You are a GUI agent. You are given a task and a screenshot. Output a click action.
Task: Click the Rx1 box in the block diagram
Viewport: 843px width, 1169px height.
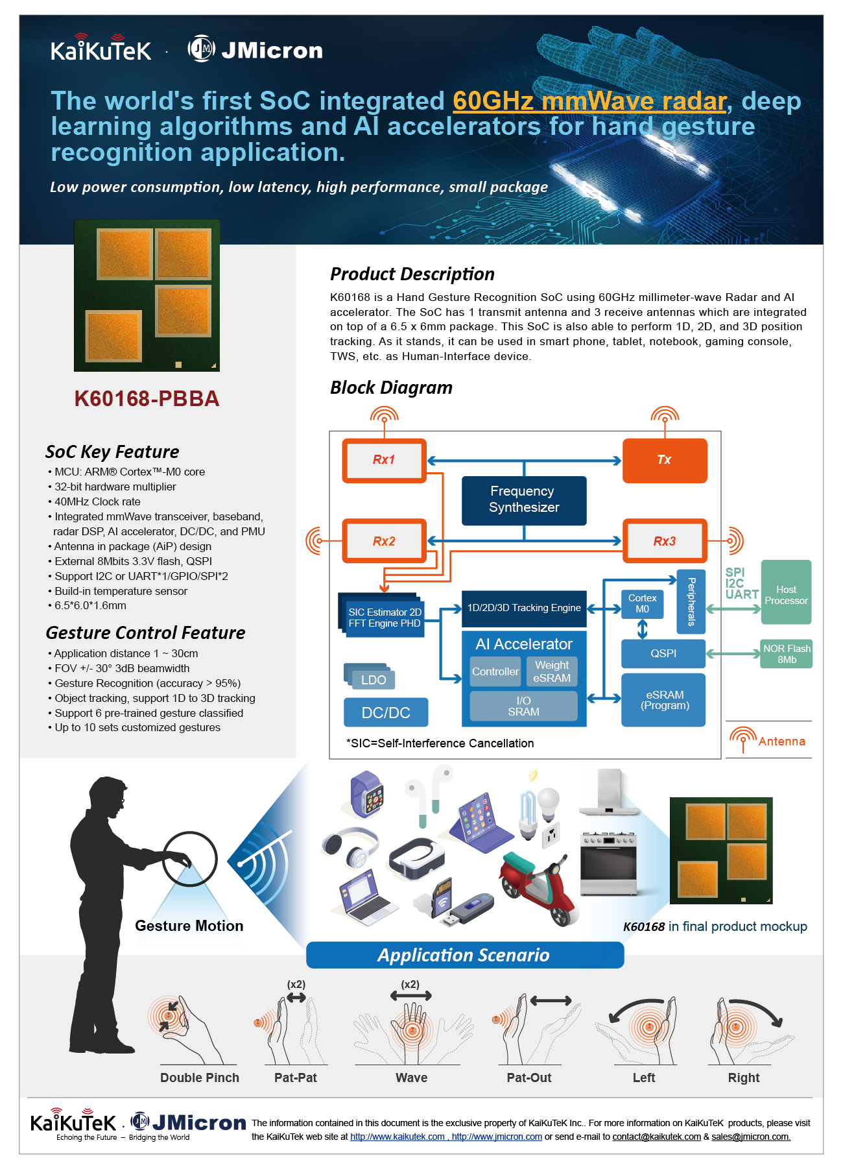tap(384, 461)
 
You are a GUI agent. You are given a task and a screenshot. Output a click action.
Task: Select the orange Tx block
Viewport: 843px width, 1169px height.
tap(665, 461)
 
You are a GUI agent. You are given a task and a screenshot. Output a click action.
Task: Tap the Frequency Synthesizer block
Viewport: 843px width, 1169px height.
tap(524, 500)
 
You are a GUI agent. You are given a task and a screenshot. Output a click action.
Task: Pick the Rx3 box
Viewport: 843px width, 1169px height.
tap(665, 541)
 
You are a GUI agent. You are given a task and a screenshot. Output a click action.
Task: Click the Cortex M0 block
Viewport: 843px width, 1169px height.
tap(642, 604)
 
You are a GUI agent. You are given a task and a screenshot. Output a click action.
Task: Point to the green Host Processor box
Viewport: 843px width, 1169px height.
tap(786, 592)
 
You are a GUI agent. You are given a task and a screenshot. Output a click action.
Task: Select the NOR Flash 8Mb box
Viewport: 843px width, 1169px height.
tap(787, 654)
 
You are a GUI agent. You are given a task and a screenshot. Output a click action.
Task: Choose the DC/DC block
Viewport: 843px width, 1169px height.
tap(386, 712)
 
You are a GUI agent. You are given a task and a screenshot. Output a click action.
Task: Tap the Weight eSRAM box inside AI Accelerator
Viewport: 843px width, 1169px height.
tap(552, 671)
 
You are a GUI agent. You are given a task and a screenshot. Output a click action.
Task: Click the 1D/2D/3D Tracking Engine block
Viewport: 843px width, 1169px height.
tap(524, 609)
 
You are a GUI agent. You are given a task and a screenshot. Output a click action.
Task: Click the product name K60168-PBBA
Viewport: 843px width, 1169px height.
tap(147, 398)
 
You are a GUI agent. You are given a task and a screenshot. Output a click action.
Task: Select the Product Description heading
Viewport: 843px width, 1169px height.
tap(412, 274)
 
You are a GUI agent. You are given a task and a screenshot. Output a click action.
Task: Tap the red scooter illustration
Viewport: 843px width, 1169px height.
tap(539, 888)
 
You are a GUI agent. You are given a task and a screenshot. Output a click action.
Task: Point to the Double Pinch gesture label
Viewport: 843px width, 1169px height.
tap(200, 1078)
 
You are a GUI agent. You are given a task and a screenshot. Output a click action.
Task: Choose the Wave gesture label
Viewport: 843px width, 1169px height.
tap(412, 1078)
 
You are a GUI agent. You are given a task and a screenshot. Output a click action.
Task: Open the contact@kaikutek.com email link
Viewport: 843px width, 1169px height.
tap(657, 1137)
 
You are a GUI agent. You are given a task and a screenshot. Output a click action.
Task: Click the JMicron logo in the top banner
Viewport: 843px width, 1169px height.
tap(255, 49)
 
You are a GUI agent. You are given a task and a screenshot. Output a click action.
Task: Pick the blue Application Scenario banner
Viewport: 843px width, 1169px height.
tap(465, 955)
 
